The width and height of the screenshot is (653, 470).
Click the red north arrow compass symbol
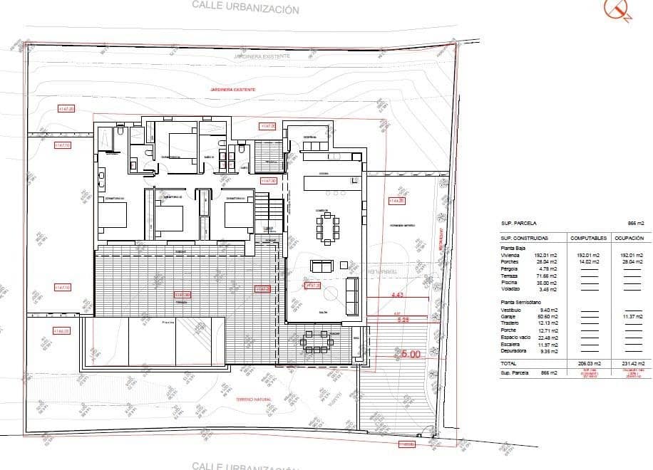tap(617, 9)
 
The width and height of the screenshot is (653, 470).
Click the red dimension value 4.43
tap(397, 294)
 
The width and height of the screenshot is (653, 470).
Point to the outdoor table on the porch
tap(314, 340)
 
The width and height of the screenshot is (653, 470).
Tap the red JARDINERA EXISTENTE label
tap(232, 90)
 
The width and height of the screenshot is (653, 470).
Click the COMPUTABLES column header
tap(588, 238)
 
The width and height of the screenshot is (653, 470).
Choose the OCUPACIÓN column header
tap(629, 238)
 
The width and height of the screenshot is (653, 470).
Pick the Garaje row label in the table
tap(510, 316)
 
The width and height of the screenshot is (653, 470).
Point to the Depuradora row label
tap(515, 350)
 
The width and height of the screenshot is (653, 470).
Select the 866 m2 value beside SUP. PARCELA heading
tap(636, 223)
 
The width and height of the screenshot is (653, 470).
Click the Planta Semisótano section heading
tap(520, 303)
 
